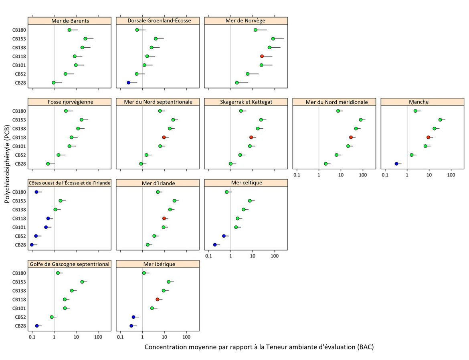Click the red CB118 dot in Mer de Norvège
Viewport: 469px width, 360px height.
click(x=262, y=56)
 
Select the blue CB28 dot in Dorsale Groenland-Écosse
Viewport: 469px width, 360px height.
click(x=128, y=83)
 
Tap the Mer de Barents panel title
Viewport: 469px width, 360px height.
click(x=70, y=20)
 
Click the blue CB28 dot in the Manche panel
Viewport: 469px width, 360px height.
click(x=396, y=164)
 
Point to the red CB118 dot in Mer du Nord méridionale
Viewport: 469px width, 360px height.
click(x=351, y=137)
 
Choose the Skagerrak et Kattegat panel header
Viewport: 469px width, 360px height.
click(x=246, y=102)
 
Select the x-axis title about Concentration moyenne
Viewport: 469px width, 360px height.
click(x=259, y=347)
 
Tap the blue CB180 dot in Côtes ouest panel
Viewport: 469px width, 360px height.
click(x=36, y=192)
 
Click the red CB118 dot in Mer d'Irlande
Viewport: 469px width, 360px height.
click(x=164, y=218)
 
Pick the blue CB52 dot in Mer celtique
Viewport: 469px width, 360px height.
click(x=224, y=236)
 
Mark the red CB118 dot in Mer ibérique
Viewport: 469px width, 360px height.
click(x=157, y=299)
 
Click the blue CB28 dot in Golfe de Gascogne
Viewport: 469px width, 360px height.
click(x=37, y=326)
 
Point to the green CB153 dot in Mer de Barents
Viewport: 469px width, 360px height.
click(x=85, y=38)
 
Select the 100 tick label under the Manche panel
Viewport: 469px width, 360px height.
click(x=451, y=175)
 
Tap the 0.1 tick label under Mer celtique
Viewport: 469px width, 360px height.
click(x=208, y=256)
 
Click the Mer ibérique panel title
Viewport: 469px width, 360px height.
click(x=158, y=264)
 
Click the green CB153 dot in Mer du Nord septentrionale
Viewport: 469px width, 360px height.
click(x=173, y=120)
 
